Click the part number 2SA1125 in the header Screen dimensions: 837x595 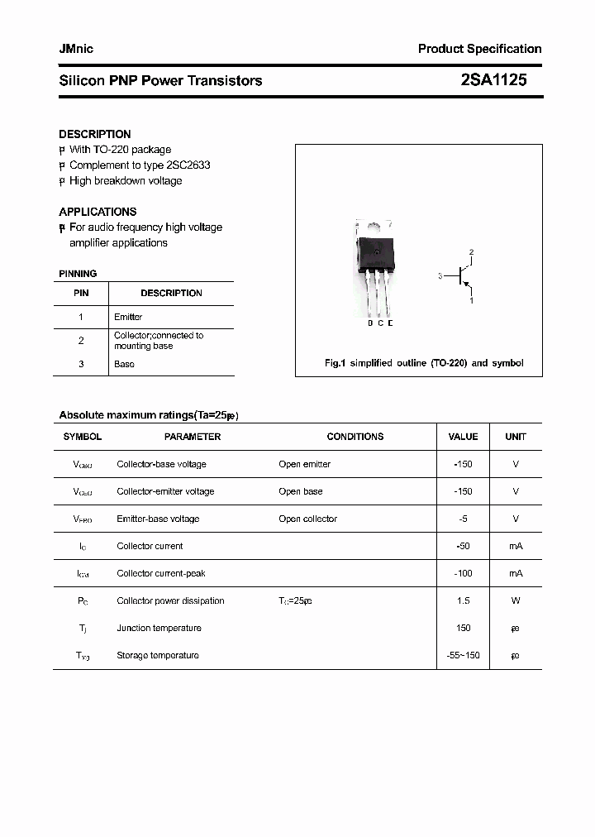click(x=493, y=80)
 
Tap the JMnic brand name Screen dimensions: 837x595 click(x=76, y=49)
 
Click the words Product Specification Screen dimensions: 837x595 click(x=479, y=49)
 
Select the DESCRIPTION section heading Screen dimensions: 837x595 click(x=94, y=134)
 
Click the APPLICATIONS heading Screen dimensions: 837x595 click(x=98, y=212)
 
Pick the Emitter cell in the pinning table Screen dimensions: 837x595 click(x=128, y=317)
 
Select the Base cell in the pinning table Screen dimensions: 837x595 click(x=124, y=364)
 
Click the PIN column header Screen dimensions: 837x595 click(x=81, y=293)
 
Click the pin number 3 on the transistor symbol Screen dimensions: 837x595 click(x=440, y=276)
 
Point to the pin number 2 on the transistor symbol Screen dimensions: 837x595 click(x=471, y=251)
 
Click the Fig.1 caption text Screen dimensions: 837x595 click(x=422, y=363)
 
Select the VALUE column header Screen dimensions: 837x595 click(x=463, y=437)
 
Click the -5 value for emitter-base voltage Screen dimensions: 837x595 click(x=463, y=519)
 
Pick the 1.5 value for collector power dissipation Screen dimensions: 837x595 click(x=463, y=600)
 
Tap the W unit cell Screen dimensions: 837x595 click(x=516, y=600)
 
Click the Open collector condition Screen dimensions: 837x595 click(x=307, y=519)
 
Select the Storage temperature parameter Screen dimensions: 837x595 click(x=158, y=655)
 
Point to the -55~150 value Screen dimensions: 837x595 click(x=463, y=655)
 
